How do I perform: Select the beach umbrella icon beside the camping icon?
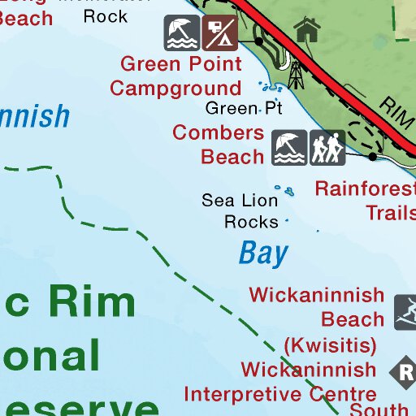click(x=181, y=32)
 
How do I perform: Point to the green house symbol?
click(x=307, y=31)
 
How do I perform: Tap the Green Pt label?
click(x=243, y=108)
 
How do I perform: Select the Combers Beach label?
click(x=219, y=144)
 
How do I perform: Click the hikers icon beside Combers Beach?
click(x=327, y=147)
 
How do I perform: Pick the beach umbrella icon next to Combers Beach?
click(x=289, y=147)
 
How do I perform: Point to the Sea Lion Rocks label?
click(x=240, y=210)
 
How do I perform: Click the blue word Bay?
click(x=263, y=253)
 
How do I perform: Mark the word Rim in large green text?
click(x=92, y=302)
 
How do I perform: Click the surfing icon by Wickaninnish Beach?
click(x=405, y=312)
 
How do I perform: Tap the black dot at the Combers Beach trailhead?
click(x=372, y=155)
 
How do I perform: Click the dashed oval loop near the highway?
click(x=364, y=135)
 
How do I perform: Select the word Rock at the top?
click(x=106, y=15)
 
